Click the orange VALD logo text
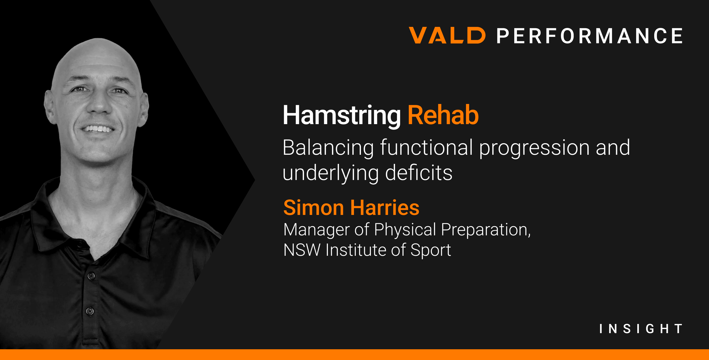pyautogui.click(x=447, y=35)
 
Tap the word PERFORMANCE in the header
pyautogui.click(x=589, y=36)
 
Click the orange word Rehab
pyautogui.click(x=443, y=115)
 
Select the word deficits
pyautogui.click(x=419, y=172)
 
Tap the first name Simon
pyautogui.click(x=313, y=207)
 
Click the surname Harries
pyautogui.click(x=385, y=207)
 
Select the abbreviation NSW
pyautogui.click(x=302, y=250)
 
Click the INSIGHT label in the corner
pyautogui.click(x=641, y=329)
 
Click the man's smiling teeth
pyautogui.click(x=97, y=129)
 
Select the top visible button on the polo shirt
pyautogui.click(x=91, y=276)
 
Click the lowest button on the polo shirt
pyautogui.click(x=90, y=311)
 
